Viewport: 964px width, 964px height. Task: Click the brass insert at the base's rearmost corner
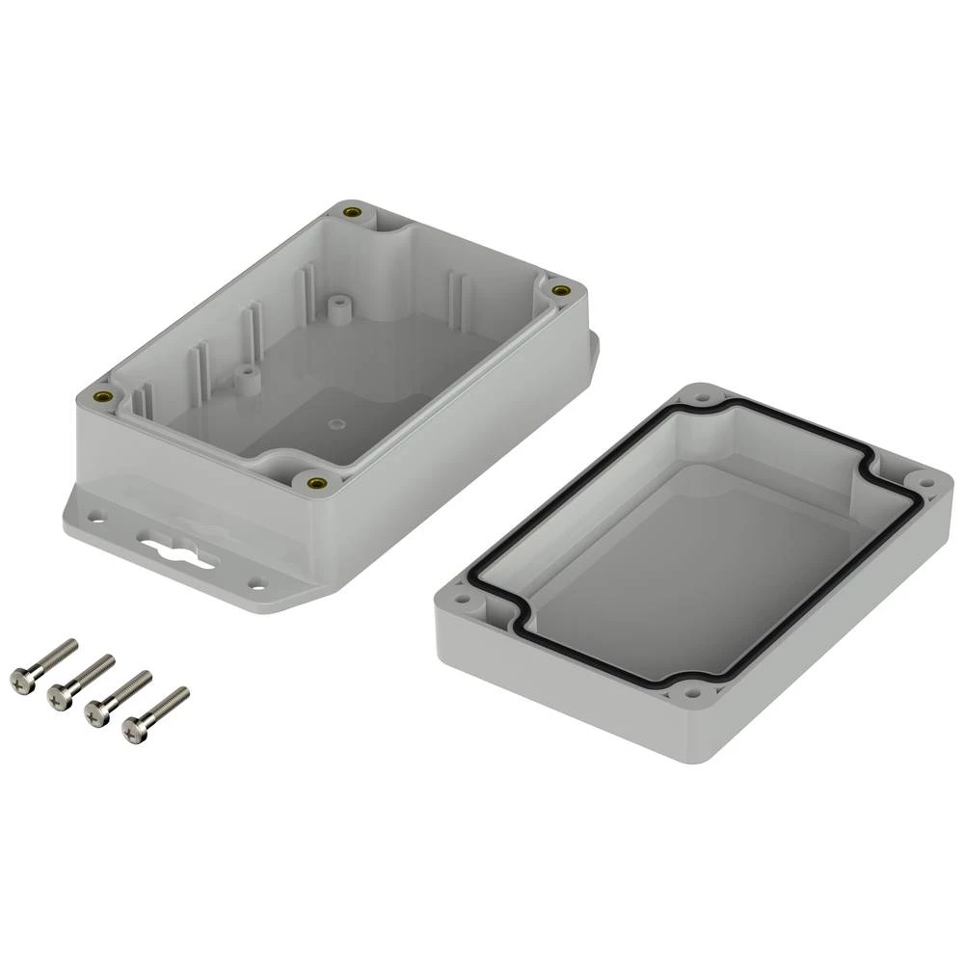(354, 211)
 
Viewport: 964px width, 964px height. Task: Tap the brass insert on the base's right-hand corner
(561, 289)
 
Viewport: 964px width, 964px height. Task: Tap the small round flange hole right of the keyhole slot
(255, 582)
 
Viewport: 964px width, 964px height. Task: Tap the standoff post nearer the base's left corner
(247, 378)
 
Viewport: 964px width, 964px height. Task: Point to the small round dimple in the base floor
(335, 422)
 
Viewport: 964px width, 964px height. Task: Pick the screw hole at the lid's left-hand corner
(462, 602)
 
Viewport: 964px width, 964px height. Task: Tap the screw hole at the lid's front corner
(690, 691)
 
